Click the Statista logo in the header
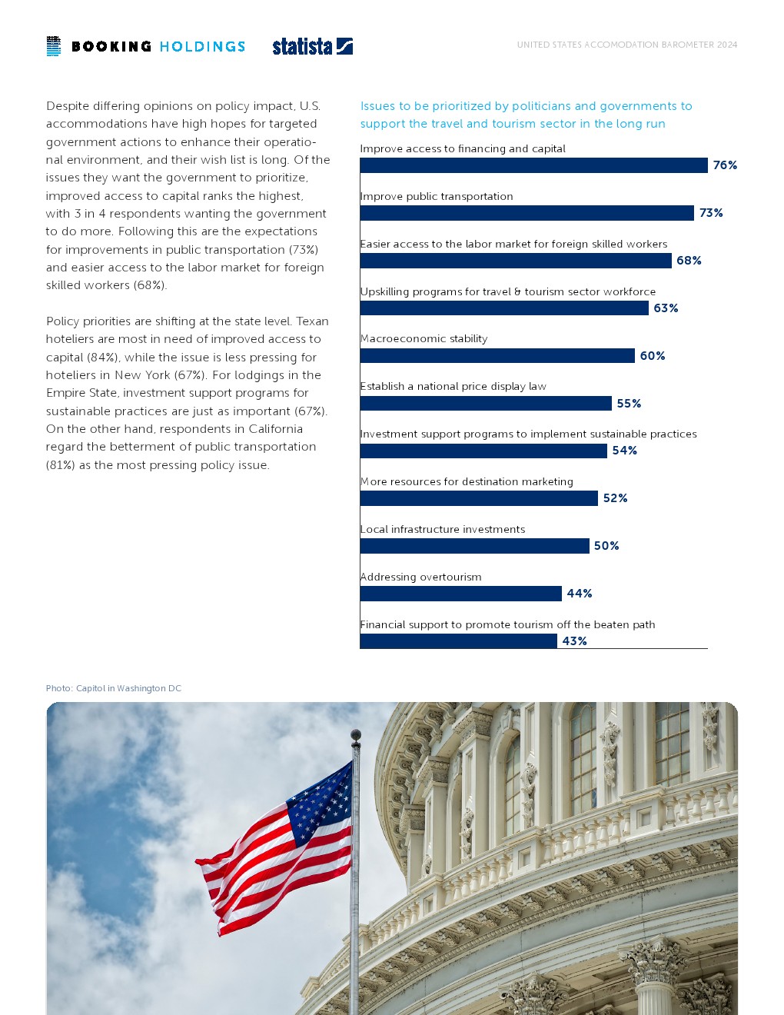[x=312, y=46]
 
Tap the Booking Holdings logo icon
[x=53, y=46]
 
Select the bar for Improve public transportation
[x=527, y=213]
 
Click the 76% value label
[x=725, y=165]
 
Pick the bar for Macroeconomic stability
[x=497, y=356]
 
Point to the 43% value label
[x=574, y=641]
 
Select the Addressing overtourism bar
[x=460, y=594]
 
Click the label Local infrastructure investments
[x=443, y=529]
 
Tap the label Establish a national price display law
[x=453, y=386]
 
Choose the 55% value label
[x=629, y=404]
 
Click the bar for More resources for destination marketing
[x=479, y=498]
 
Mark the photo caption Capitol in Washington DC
[x=114, y=688]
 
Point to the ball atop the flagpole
[x=355, y=735]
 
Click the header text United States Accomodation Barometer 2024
[x=626, y=45]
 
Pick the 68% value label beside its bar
[x=689, y=261]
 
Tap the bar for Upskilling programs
[x=504, y=308]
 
